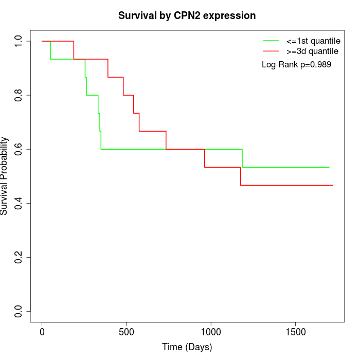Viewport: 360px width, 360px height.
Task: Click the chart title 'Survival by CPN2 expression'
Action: point(187,15)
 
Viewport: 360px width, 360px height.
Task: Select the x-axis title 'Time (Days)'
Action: point(187,347)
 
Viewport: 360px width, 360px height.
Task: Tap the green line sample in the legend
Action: point(271,41)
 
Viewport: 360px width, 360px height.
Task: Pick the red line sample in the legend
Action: point(271,51)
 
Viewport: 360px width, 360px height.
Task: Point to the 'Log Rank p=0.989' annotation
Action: point(296,65)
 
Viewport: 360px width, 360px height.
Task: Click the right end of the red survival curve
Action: point(333,185)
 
